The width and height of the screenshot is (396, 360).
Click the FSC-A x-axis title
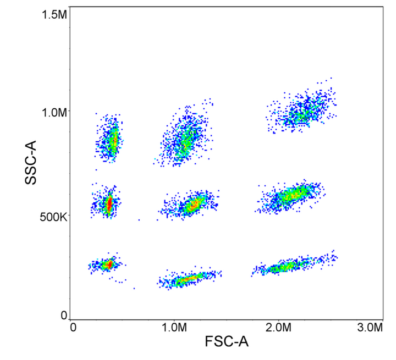[227, 342]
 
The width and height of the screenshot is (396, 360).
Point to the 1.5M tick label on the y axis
[54, 15]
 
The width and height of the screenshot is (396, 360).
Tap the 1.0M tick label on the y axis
[54, 112]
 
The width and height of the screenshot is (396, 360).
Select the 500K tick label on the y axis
[53, 217]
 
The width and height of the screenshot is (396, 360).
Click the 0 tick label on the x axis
[73, 328]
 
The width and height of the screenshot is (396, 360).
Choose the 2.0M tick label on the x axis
[278, 328]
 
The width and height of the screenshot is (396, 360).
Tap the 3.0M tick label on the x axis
[369, 328]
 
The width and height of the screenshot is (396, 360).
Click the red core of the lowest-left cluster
[109, 264]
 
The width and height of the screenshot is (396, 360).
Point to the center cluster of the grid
[193, 205]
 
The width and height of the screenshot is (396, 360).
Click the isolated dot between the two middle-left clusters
[139, 220]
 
